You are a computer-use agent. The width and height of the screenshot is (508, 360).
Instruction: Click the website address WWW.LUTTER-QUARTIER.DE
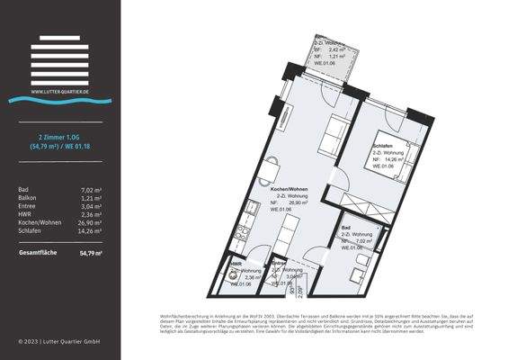click(x=59, y=91)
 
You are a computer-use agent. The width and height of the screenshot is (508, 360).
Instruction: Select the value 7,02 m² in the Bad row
click(x=92, y=189)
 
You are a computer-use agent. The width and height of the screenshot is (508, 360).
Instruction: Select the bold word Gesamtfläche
click(x=38, y=253)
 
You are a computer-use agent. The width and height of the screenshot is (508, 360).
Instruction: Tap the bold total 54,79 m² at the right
click(x=90, y=253)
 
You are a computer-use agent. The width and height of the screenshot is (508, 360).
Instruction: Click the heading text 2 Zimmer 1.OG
click(x=59, y=136)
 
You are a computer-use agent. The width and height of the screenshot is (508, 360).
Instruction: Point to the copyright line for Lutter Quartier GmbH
click(x=59, y=342)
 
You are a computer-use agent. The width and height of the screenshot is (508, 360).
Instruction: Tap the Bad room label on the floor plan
click(x=346, y=229)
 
